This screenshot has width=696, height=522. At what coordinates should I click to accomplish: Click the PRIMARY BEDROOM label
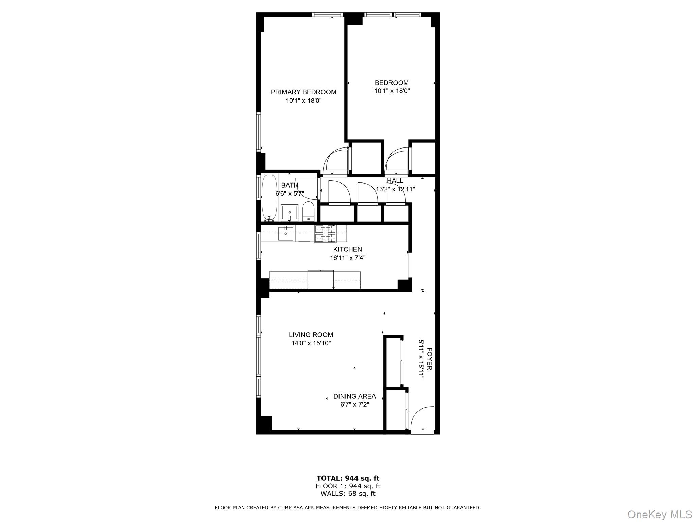[x=303, y=92]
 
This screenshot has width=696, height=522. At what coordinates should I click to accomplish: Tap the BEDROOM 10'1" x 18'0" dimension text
[x=392, y=91]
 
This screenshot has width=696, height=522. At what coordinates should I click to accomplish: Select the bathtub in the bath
[x=269, y=197]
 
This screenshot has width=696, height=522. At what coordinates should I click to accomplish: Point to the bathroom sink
[x=289, y=212]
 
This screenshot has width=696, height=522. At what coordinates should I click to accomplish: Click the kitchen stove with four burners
[x=325, y=234]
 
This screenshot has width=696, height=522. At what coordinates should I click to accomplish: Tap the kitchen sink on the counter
[x=286, y=233]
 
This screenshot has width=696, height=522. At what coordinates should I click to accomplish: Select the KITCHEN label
[x=347, y=249]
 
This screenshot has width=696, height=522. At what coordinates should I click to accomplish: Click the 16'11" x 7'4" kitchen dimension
[x=347, y=258]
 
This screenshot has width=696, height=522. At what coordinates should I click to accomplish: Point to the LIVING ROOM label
[x=311, y=335]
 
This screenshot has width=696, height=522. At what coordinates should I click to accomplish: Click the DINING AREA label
[x=354, y=396]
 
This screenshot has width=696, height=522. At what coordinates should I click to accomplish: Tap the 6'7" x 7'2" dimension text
[x=354, y=405]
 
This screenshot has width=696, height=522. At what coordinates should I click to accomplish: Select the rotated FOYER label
[x=429, y=359]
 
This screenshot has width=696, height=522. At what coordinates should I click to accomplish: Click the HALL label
[x=395, y=181]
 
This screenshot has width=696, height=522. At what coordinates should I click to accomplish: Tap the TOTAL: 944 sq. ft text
[x=348, y=478]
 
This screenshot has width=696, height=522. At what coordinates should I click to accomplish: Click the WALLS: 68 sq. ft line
[x=348, y=494]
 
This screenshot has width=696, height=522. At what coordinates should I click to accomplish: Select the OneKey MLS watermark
[x=659, y=514]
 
